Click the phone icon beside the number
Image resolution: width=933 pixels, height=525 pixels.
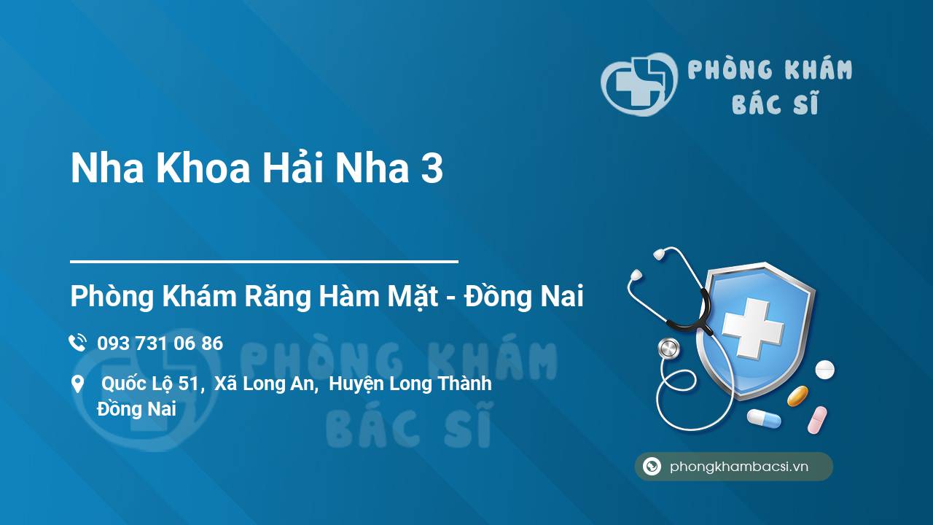pos(77,343)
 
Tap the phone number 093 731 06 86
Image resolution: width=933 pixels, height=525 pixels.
pos(160,343)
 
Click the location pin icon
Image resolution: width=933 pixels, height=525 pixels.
pos(77,384)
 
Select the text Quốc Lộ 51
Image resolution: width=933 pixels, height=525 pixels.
pos(150,384)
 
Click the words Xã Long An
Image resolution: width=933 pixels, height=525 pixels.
pos(264,384)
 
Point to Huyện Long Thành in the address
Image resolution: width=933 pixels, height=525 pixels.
pos(410,384)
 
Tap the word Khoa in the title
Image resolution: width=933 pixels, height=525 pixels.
pos(203,168)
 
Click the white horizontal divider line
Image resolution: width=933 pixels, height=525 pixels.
pos(264,262)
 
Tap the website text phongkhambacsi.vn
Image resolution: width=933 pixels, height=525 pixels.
pos(739,466)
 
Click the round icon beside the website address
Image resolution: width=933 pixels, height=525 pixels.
pos(652,466)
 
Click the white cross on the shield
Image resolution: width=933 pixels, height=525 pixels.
pos(752,328)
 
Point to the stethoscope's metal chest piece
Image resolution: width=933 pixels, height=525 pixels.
pos(669,349)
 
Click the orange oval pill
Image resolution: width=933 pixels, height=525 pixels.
pos(797,396)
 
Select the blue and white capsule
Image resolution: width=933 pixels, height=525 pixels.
pos(763,418)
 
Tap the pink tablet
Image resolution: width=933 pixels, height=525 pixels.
pos(817,420)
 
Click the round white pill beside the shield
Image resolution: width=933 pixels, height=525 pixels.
pos(824,370)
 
